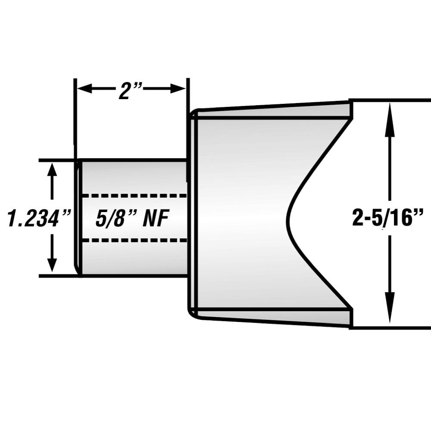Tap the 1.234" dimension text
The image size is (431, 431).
(39, 219)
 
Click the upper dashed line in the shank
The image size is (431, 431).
(134, 196)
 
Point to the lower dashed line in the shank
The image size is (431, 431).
(134, 240)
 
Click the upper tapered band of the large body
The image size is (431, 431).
(276, 111)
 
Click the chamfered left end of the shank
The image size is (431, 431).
(78, 218)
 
